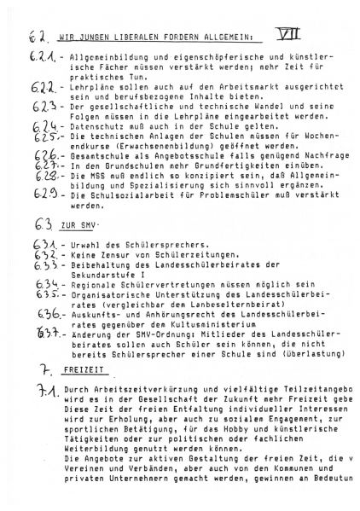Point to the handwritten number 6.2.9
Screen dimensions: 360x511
(x=40, y=194)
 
